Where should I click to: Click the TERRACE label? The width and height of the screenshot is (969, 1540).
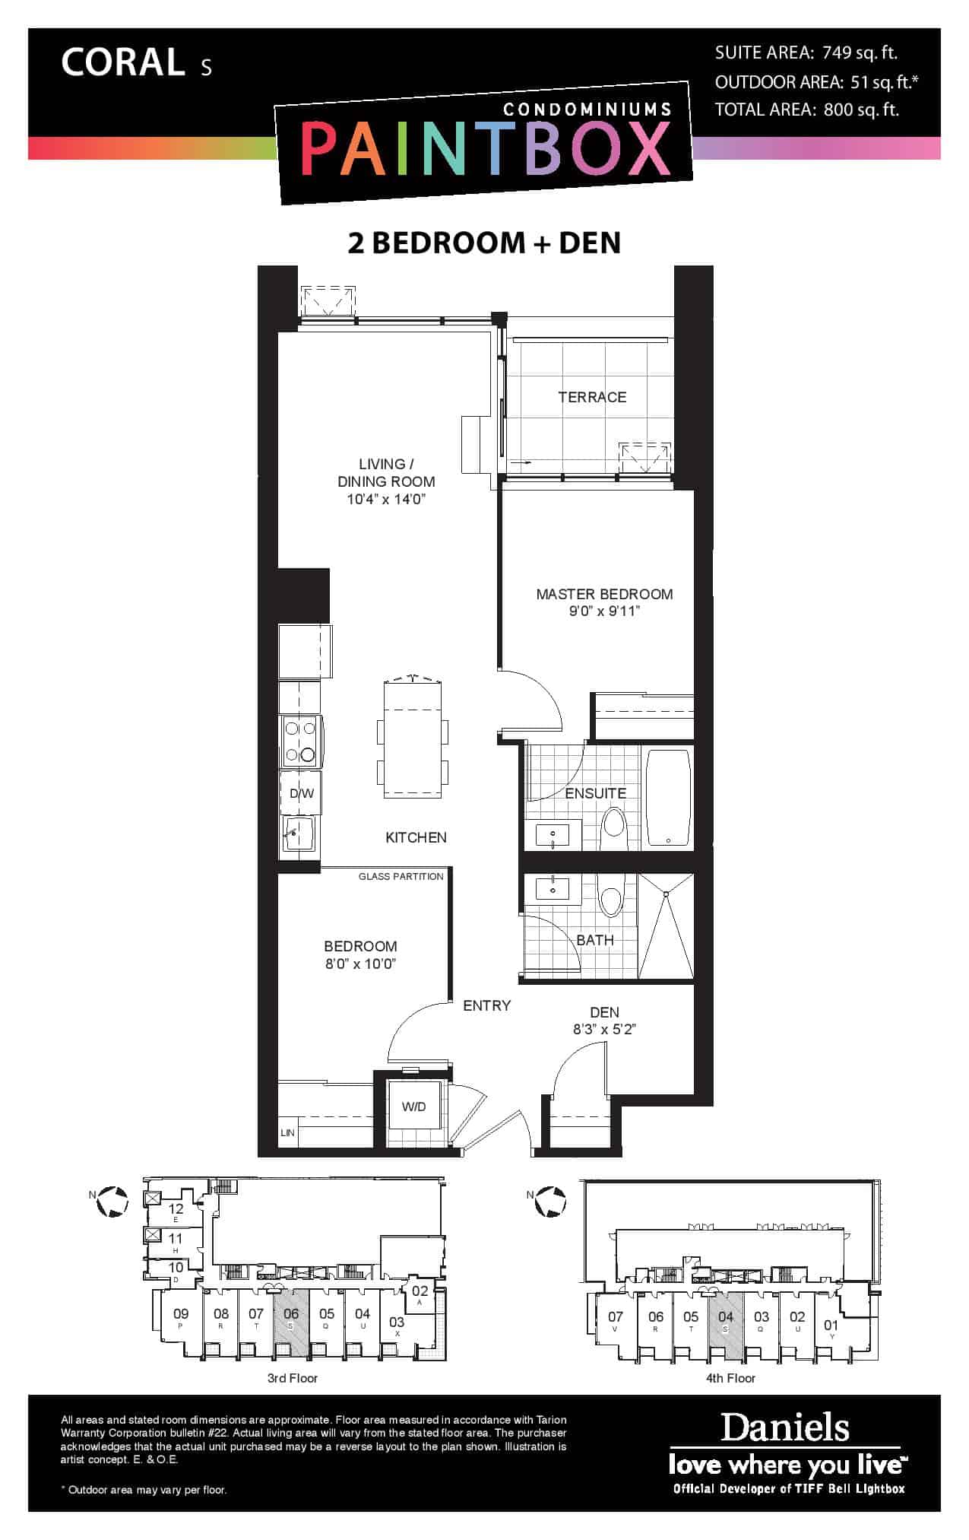click(592, 397)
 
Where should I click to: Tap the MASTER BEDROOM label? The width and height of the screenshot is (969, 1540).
click(604, 594)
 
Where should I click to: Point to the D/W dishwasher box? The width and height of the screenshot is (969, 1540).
click(301, 793)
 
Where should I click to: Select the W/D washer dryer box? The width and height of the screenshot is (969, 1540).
click(413, 1107)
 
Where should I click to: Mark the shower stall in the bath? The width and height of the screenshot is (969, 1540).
click(666, 926)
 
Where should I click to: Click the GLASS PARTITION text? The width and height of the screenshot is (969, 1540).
click(401, 876)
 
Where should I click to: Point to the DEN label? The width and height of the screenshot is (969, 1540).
click(605, 1012)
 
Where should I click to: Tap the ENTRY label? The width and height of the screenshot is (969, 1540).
click(487, 1005)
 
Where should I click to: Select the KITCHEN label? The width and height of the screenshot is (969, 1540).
click(416, 837)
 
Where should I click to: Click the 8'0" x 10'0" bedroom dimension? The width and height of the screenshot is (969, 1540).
click(361, 964)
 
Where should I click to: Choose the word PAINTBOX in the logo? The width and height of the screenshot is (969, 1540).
click(486, 150)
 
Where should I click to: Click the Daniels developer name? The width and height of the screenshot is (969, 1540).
click(785, 1427)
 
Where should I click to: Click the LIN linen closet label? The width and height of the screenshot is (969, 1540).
click(287, 1133)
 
